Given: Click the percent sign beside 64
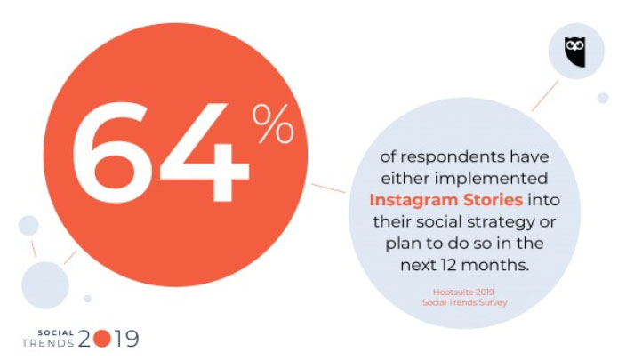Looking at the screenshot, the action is coord(273,124).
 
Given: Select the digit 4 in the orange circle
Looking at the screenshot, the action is coord(205,152).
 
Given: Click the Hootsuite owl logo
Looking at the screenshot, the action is coord(575,52).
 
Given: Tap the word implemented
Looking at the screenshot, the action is coord(491,178).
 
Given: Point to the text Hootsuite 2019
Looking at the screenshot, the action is coord(464,292).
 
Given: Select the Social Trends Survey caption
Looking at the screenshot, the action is coord(464,302).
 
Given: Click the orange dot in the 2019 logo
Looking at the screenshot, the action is coord(101,339).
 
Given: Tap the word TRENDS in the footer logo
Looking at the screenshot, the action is coord(48,343).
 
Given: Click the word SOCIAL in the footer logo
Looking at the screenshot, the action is coord(56,333).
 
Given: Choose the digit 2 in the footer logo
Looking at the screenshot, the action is coord(84,339).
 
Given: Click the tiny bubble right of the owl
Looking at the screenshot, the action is coord(603,98).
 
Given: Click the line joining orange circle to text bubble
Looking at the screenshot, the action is coord(328,188).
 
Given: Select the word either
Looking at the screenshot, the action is coord(405,178).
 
